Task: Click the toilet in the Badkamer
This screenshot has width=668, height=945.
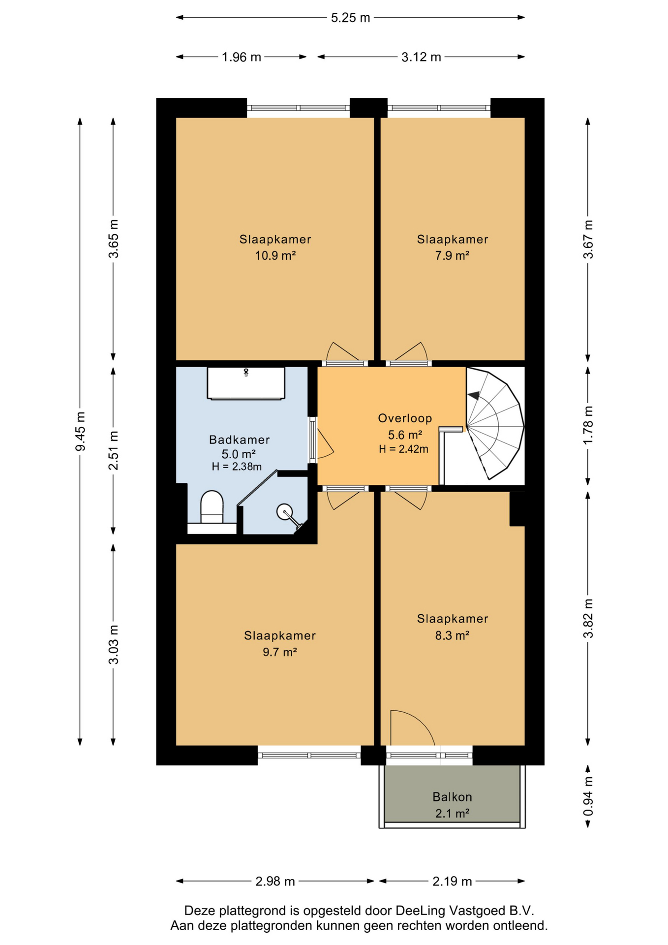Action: pyautogui.click(x=212, y=507)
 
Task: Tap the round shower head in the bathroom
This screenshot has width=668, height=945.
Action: pyautogui.click(x=284, y=511)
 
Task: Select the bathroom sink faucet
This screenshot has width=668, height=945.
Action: pyautogui.click(x=246, y=372)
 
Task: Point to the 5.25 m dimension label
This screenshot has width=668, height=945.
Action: pyautogui.click(x=350, y=18)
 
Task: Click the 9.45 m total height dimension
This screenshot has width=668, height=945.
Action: pyautogui.click(x=80, y=431)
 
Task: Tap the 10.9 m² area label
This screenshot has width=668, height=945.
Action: pyautogui.click(x=275, y=256)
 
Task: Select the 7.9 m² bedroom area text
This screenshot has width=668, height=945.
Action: pyautogui.click(x=452, y=256)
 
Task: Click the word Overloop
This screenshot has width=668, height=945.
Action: pyautogui.click(x=405, y=418)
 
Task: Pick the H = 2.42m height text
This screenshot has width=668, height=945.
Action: pyautogui.click(x=403, y=449)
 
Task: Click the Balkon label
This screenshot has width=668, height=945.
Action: pyautogui.click(x=452, y=796)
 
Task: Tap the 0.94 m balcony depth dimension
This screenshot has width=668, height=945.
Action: pyautogui.click(x=588, y=796)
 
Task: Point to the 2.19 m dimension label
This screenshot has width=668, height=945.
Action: pyautogui.click(x=452, y=881)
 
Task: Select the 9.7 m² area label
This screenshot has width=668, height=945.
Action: pyautogui.click(x=279, y=652)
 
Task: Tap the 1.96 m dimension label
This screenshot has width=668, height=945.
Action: pyautogui.click(x=241, y=57)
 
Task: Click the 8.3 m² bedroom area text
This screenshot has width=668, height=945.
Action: pyautogui.click(x=452, y=635)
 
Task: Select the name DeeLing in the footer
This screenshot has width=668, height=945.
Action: pyautogui.click(x=418, y=911)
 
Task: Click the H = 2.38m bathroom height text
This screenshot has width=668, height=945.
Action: pyautogui.click(x=237, y=467)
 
